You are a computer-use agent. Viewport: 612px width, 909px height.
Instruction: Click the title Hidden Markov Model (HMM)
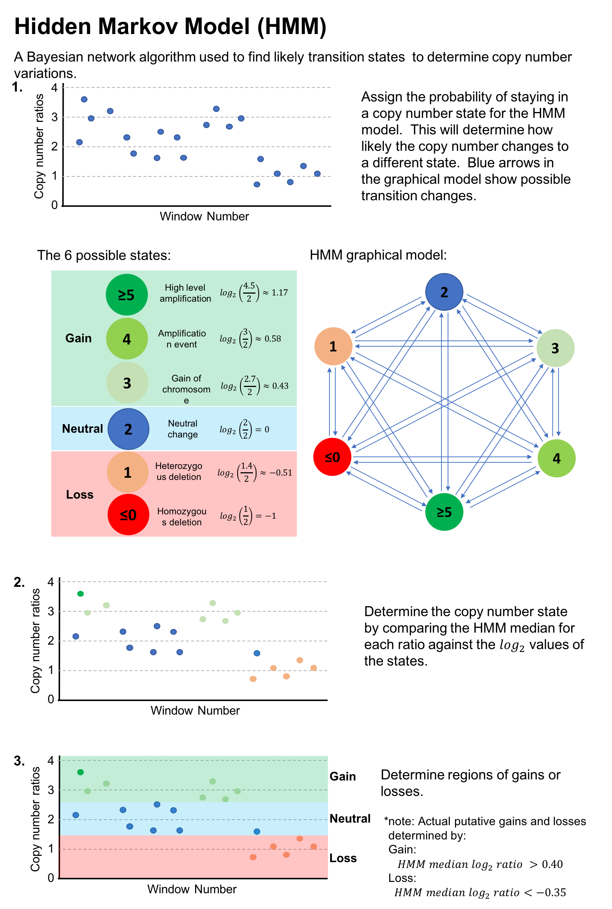click(170, 26)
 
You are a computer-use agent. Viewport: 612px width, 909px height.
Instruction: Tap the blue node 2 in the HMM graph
click(444, 292)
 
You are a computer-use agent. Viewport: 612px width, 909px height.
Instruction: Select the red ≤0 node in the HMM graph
click(332, 457)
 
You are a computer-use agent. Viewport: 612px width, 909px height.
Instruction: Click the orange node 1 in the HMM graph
click(333, 346)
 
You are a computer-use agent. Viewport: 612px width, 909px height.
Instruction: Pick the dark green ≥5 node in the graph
click(444, 512)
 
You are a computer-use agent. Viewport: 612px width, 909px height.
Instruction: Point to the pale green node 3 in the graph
click(555, 348)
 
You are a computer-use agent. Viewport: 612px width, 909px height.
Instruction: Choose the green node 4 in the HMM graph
click(556, 458)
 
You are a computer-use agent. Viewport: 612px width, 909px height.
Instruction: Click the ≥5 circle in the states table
click(126, 295)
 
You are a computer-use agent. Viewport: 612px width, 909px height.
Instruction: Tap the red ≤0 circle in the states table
click(128, 515)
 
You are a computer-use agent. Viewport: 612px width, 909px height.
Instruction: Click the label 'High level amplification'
click(185, 293)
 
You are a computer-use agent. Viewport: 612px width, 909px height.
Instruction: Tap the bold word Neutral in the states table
click(82, 429)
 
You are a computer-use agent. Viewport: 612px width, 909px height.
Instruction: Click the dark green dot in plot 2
click(81, 594)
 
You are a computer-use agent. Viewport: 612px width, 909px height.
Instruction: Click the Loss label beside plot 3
click(343, 858)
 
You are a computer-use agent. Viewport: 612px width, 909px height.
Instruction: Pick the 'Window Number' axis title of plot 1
click(204, 216)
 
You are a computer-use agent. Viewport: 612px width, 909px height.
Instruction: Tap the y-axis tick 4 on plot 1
click(54, 88)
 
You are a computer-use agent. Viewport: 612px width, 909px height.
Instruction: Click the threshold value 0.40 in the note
click(552, 864)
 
